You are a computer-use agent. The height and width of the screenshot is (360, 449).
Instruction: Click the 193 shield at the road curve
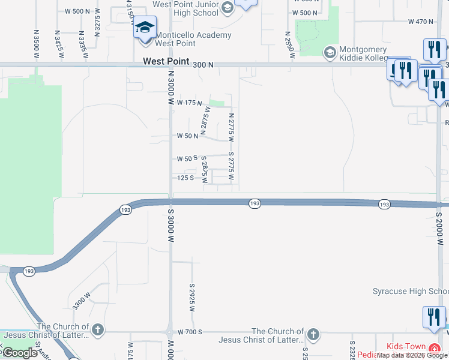point(125,210)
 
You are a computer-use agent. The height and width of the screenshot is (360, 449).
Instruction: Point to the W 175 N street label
point(188,103)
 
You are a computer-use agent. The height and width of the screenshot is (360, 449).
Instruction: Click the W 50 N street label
point(187,136)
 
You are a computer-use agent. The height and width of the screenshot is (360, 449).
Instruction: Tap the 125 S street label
point(184,178)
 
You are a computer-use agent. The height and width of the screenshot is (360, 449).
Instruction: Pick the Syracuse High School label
point(411,292)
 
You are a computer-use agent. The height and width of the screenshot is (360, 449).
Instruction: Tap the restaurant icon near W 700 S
point(434,317)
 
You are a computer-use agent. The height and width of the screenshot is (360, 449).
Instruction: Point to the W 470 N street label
point(420,22)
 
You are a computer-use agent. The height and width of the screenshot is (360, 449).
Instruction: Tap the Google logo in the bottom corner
point(20,353)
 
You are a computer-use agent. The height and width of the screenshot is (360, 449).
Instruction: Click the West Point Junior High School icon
point(227,8)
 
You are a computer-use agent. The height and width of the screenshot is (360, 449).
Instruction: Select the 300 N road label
point(203,62)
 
